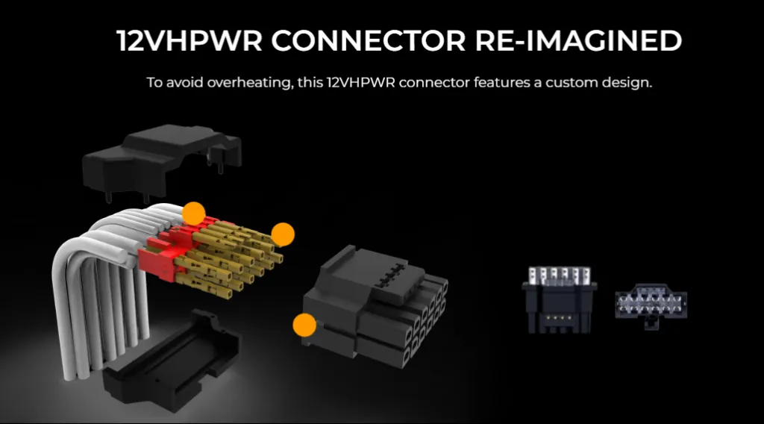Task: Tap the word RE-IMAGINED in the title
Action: pyautogui.click(x=579, y=41)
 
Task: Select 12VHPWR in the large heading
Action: pyautogui.click(x=190, y=41)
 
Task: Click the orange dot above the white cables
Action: pyautogui.click(x=194, y=213)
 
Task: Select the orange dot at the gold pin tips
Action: pyautogui.click(x=283, y=234)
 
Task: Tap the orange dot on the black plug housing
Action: pyautogui.click(x=304, y=325)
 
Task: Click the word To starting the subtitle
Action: pyautogui.click(x=154, y=81)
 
